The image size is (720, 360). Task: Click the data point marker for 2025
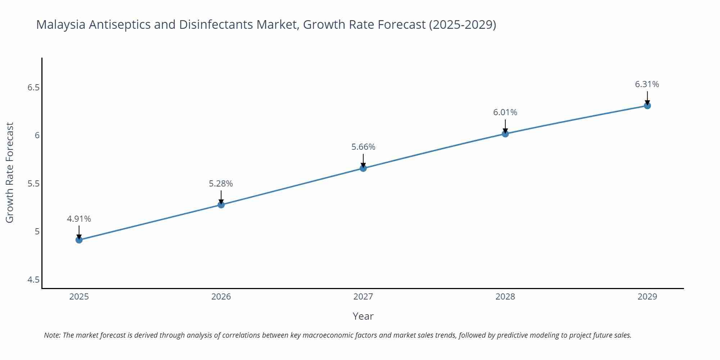pos(79,240)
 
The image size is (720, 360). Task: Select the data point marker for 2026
pos(221,205)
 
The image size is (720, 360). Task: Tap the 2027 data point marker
pos(363,168)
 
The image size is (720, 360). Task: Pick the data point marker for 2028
pos(505,134)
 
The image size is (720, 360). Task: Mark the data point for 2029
pos(647,105)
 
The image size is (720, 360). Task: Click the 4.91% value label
pos(79,219)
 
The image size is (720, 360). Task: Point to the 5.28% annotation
pos(221,184)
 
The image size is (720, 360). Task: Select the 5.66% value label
pos(363,147)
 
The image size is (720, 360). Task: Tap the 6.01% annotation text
pos(505,112)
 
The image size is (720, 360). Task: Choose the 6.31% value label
pos(647,84)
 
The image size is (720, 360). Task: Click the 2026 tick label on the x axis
pos(221,297)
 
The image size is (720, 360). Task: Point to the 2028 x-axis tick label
pos(505,297)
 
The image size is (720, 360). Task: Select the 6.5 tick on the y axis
pos(33,87)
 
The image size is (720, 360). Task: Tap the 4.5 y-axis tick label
pos(33,280)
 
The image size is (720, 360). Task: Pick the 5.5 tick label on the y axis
pos(33,184)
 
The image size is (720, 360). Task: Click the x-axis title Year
pos(363,316)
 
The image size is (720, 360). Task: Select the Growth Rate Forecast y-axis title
pos(10,172)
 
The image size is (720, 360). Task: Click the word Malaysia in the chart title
pos(61,24)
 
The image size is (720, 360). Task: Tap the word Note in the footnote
pos(52,335)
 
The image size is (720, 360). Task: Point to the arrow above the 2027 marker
pos(363,160)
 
